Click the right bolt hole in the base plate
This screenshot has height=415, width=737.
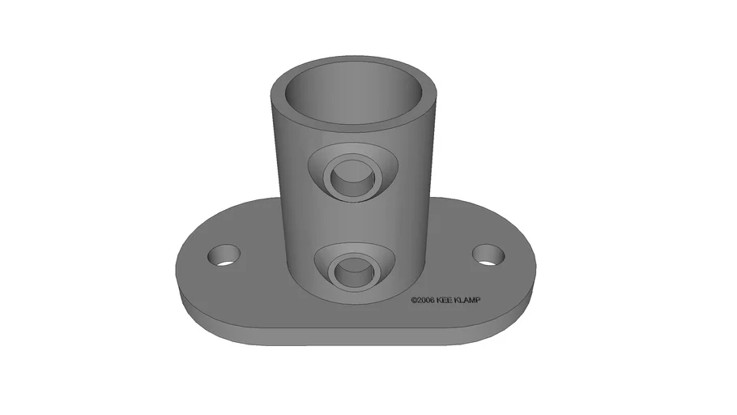[x=488, y=256]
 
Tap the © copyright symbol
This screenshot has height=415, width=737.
[x=413, y=300]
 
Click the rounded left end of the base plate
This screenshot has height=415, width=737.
[x=186, y=267]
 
